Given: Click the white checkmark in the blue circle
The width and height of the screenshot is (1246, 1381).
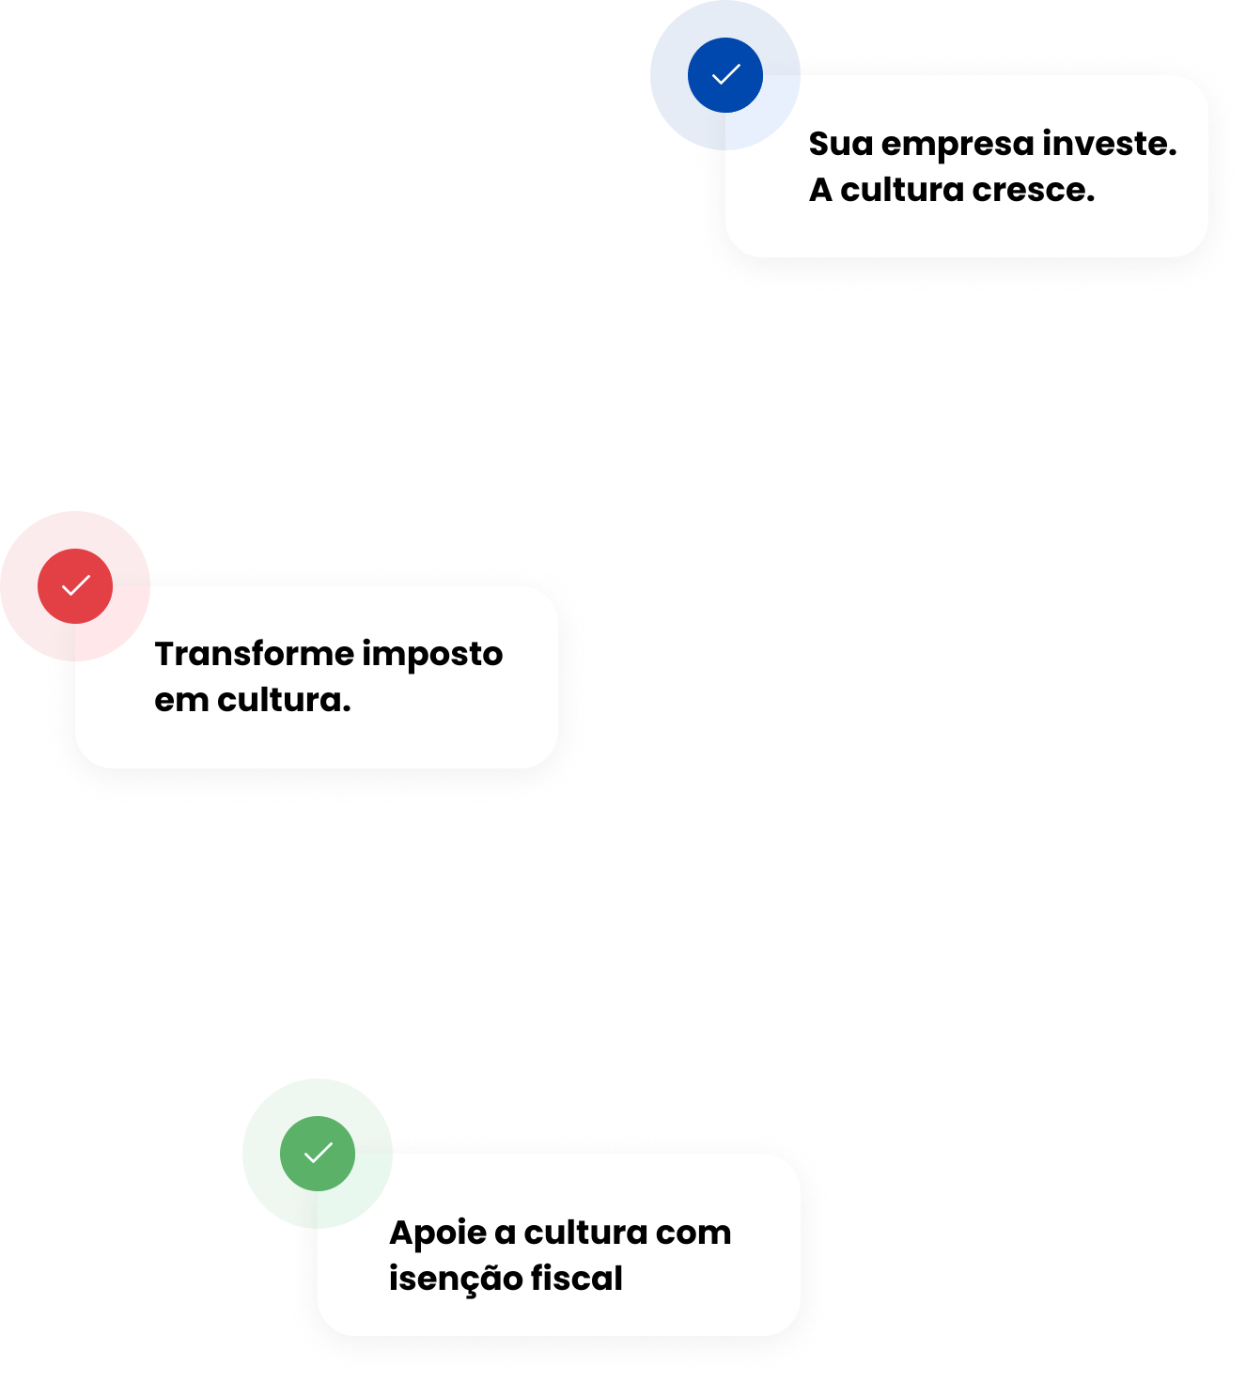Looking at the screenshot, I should click(725, 74).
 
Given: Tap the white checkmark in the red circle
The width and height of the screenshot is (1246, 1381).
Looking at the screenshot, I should click(75, 585).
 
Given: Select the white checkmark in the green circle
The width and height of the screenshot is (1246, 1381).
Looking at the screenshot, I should click(319, 1152).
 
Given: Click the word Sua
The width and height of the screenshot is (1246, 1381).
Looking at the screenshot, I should click(840, 145).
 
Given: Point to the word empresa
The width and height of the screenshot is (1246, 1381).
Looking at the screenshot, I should click(957, 146).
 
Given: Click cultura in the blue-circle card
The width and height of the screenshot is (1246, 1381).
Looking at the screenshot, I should click(901, 190).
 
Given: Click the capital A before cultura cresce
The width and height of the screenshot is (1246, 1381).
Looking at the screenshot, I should click(820, 191).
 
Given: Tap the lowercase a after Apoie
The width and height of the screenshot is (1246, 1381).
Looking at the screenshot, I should click(505, 1234).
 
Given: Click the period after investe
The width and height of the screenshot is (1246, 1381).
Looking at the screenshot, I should click(1172, 153).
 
